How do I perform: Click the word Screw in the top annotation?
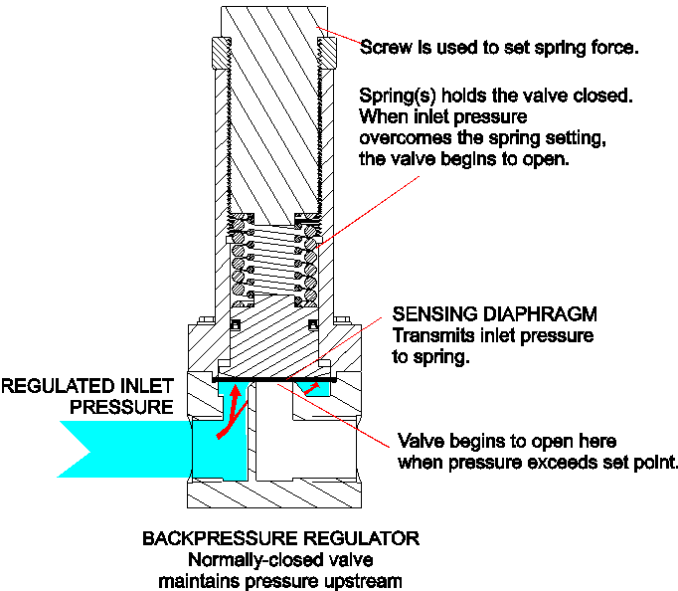pyautogui.click(x=384, y=48)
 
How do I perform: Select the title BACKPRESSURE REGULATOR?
pyautogui.click(x=280, y=538)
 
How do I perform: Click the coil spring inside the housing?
pyautogui.click(x=273, y=264)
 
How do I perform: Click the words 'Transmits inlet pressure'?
pyautogui.click(x=493, y=336)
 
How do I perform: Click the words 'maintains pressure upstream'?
pyautogui.click(x=280, y=580)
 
